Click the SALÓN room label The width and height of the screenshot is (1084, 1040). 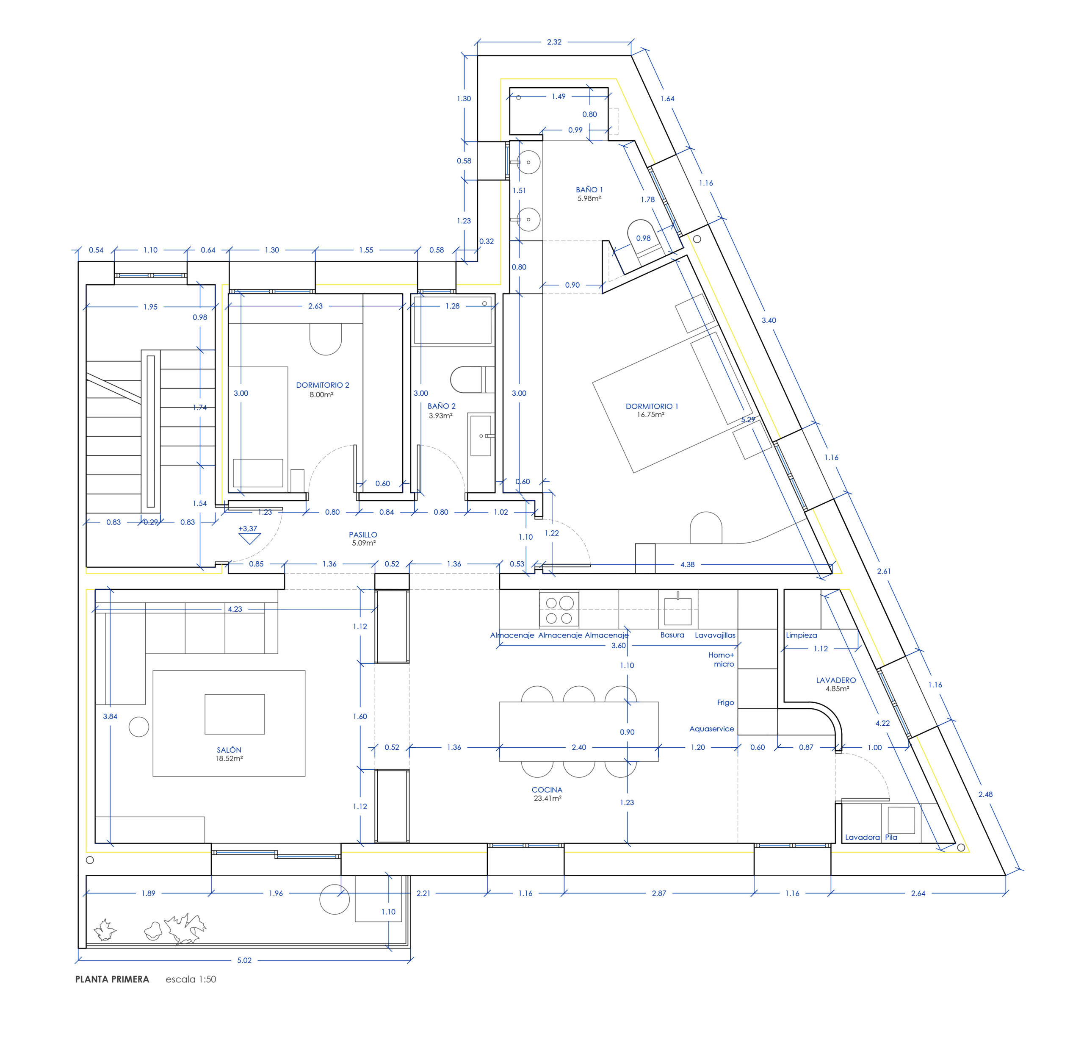229,749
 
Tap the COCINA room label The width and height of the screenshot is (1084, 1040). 547,790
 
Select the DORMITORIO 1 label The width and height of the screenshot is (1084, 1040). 652,406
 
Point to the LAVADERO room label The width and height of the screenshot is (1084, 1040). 836,680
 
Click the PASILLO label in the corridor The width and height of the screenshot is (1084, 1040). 363,534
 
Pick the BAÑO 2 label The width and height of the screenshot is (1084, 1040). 441,406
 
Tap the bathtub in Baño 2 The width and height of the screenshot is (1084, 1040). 452,320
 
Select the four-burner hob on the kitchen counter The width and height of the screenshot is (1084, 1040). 559,609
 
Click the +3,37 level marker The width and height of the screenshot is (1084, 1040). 248,528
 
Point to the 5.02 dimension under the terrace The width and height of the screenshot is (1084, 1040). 244,960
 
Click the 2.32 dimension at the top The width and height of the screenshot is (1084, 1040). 554,42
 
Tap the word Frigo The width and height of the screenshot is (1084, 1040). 725,702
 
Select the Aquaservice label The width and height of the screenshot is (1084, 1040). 711,729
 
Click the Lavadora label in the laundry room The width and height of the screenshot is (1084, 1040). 862,837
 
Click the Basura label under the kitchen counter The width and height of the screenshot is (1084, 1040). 672,635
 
